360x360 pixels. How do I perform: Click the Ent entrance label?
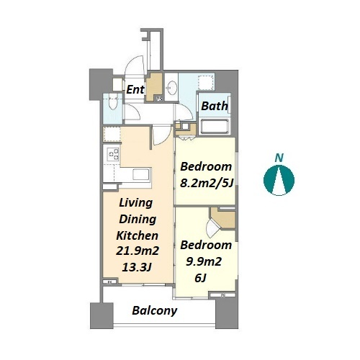pos(135,90)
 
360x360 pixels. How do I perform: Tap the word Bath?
pos(215,106)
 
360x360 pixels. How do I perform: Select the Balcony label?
pos(155,310)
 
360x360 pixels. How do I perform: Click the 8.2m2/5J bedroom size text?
pos(207,184)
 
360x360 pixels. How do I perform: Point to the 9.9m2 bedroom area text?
pos(204,261)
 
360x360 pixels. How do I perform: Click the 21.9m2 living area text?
pos(138,251)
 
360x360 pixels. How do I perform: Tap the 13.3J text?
pos(137,267)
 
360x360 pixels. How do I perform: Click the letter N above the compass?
pos(279,158)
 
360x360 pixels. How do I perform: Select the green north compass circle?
pos(279,180)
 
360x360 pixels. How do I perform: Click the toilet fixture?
pos(113,102)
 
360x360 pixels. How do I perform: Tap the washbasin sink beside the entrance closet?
pos(171,87)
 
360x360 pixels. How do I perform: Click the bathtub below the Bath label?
pos(215,126)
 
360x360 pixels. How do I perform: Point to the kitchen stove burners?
pos(113,154)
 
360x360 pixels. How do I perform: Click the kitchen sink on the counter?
pos(142,174)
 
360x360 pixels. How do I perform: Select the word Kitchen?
pos(138,235)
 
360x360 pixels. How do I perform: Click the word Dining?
pos(138,219)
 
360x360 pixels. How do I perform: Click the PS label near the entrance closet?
pos(159,99)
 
